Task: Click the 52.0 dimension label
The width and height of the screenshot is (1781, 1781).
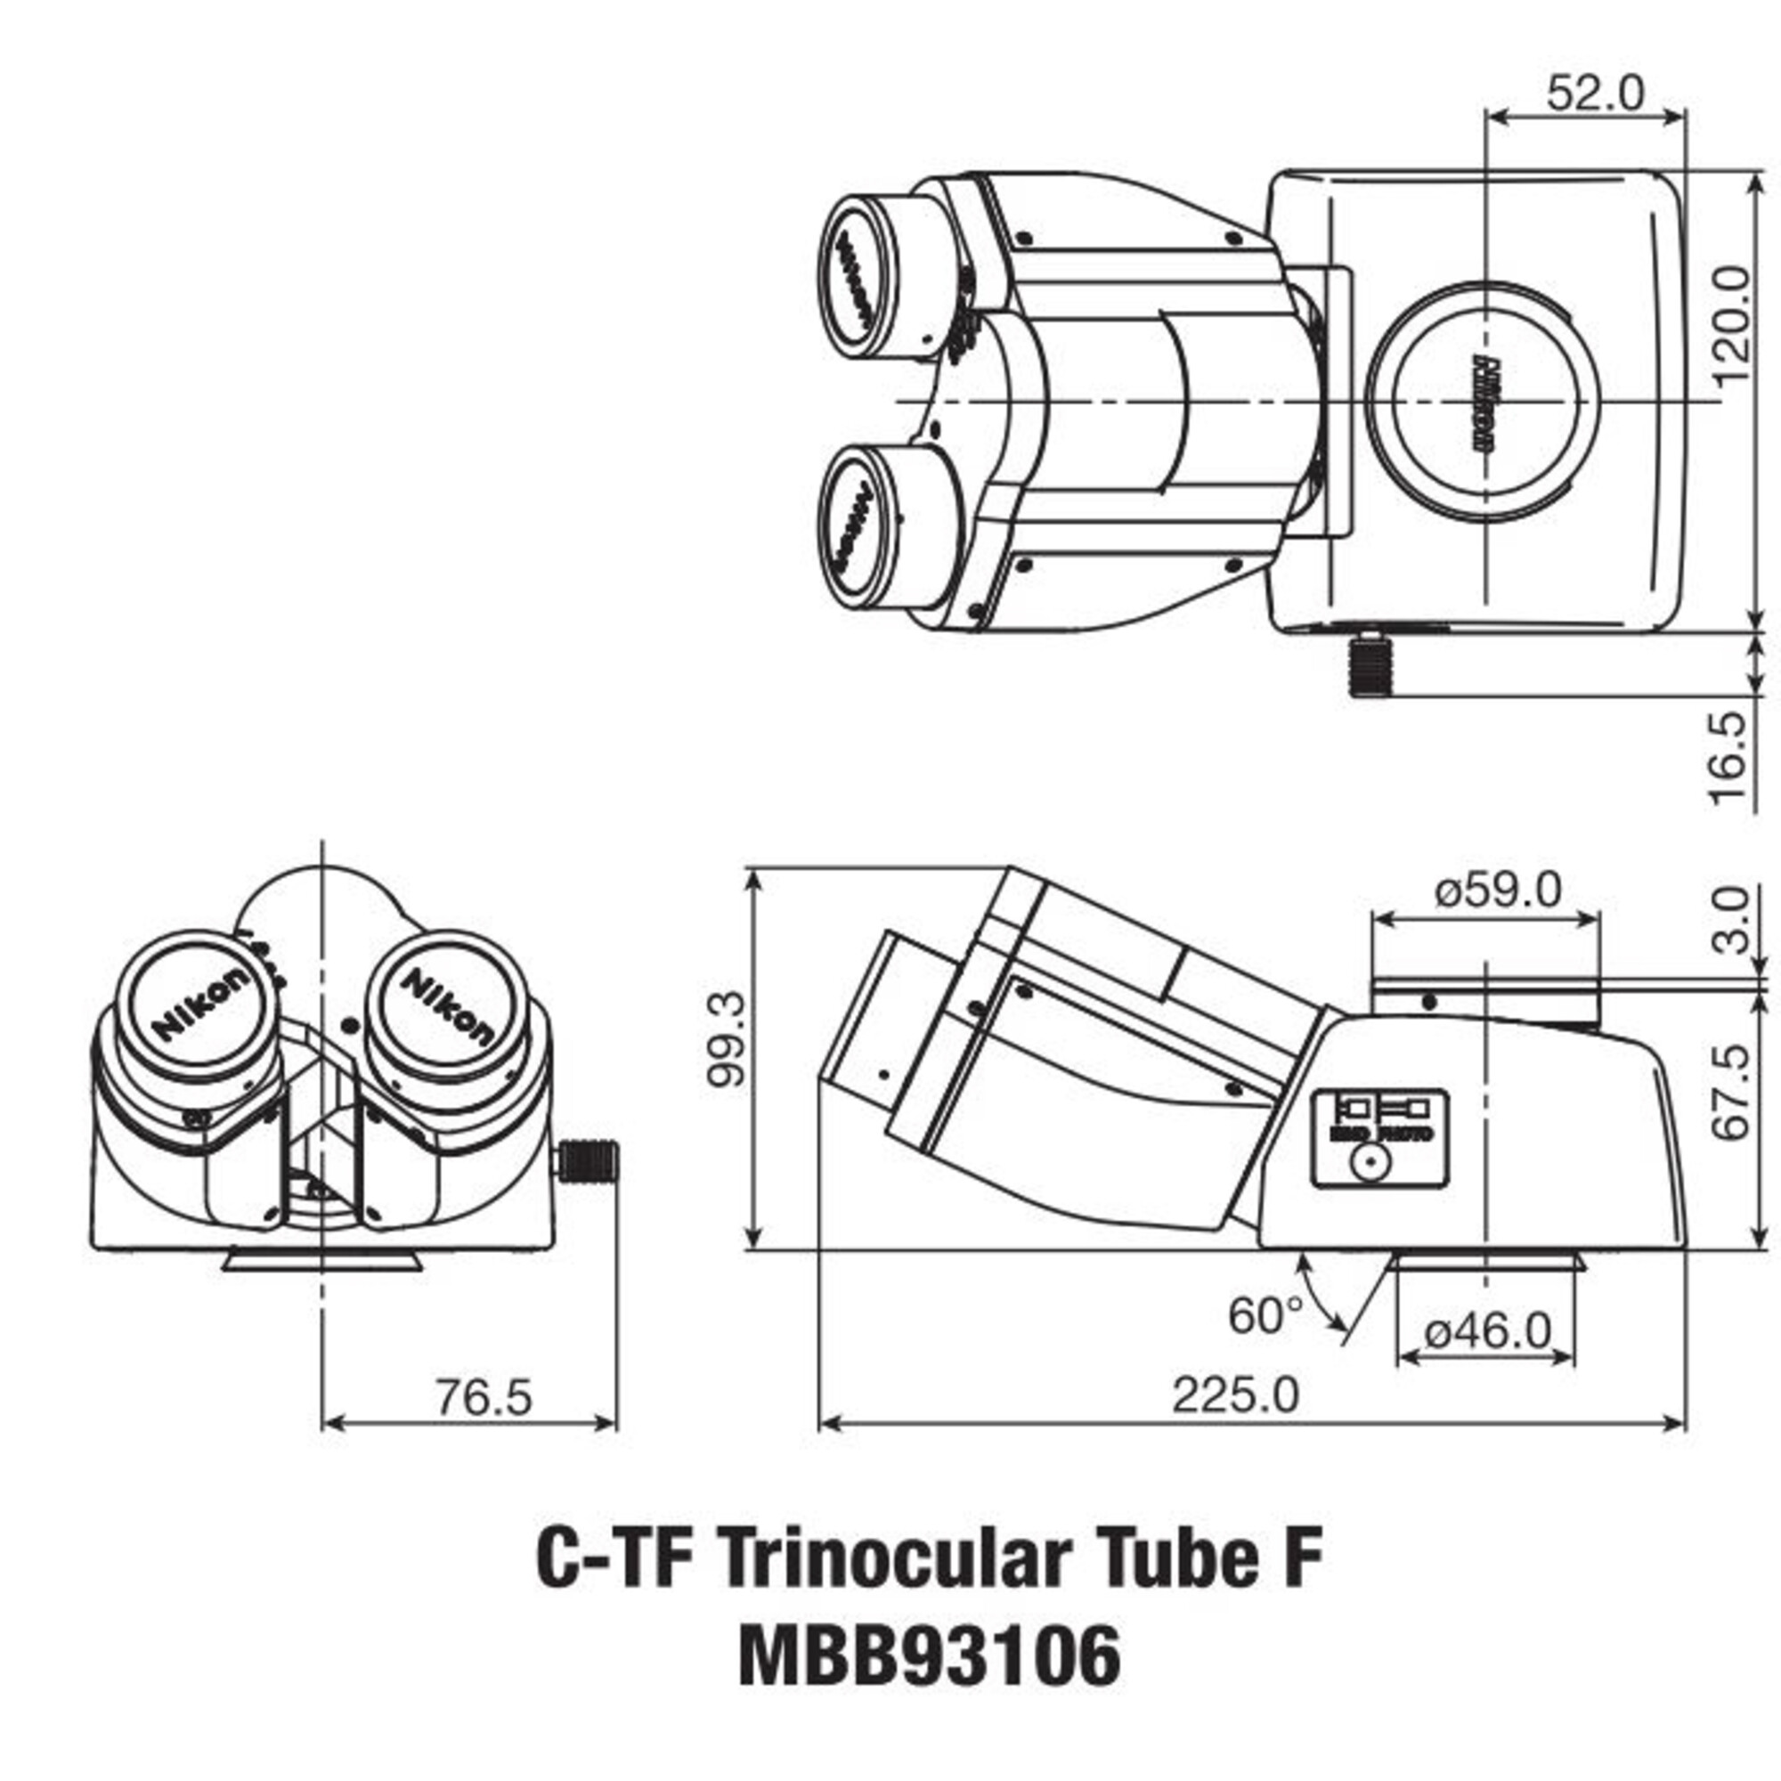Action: (x=1594, y=93)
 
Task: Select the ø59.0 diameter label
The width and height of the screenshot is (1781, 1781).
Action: (x=1498, y=890)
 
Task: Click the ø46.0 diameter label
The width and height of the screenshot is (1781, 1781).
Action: (x=1487, y=1330)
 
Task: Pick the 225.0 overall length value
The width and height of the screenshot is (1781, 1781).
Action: (x=1235, y=1395)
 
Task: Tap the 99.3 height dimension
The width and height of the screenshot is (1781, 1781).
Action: (x=725, y=1040)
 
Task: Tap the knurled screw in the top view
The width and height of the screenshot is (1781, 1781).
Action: (x=1370, y=667)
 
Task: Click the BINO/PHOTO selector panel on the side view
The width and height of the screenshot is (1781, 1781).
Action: (x=1379, y=1138)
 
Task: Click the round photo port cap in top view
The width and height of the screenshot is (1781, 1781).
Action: (x=1484, y=401)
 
